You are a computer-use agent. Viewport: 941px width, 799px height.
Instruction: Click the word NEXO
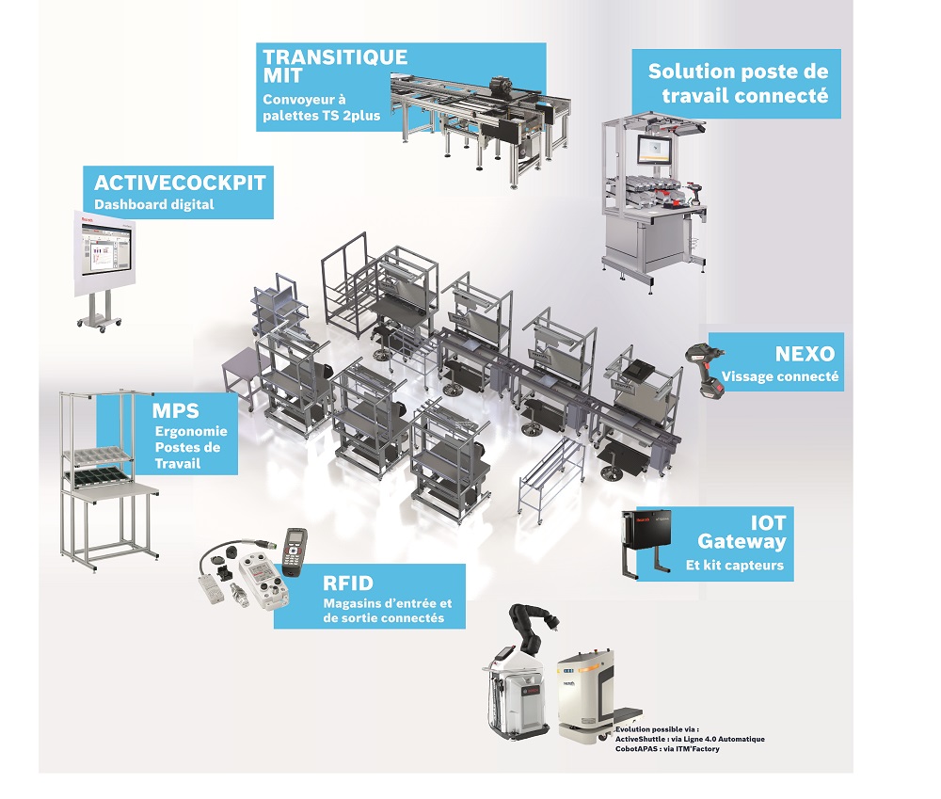point(805,355)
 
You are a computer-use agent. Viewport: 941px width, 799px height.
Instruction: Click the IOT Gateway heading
point(742,532)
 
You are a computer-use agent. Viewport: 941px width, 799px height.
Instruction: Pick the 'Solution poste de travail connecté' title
point(738,84)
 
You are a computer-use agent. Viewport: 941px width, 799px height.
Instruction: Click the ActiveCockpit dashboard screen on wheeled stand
point(104,255)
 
